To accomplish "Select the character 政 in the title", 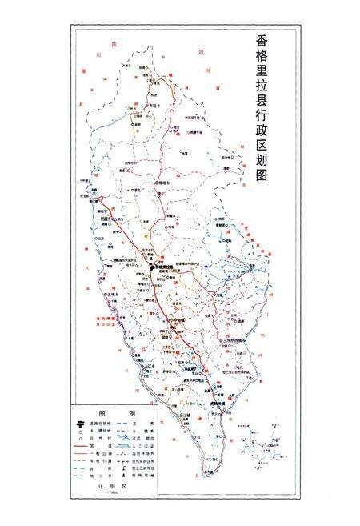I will (261, 145).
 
